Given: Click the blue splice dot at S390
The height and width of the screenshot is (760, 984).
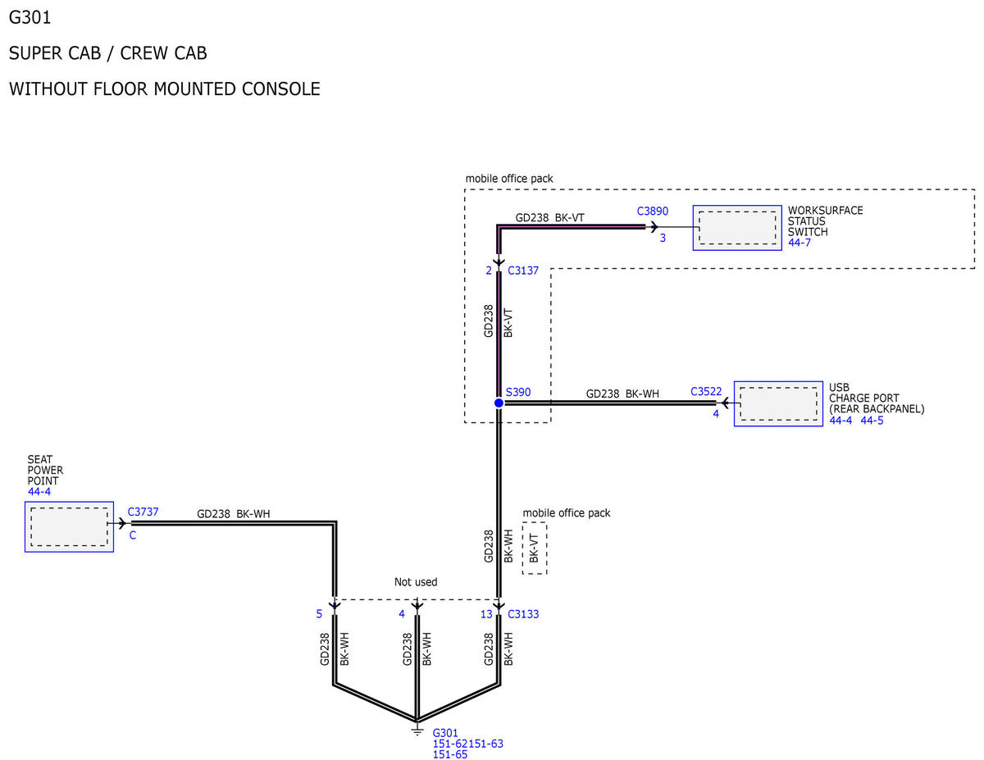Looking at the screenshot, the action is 499,403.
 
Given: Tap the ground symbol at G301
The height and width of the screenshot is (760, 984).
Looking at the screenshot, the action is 417,731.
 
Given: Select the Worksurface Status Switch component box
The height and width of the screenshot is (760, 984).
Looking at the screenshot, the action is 736,228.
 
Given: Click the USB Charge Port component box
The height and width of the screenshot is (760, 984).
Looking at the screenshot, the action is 778,403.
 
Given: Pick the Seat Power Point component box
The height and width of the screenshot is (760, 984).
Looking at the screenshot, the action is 69,526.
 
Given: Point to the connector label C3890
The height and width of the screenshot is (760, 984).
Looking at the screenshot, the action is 652,211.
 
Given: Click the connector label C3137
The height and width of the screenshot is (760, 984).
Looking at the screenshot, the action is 523,271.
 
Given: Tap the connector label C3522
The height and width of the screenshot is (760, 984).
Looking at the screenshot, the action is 706,392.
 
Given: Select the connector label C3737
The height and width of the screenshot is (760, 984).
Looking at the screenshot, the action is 143,512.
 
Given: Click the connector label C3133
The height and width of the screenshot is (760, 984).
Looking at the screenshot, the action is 523,614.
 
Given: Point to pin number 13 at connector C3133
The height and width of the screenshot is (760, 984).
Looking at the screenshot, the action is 486,614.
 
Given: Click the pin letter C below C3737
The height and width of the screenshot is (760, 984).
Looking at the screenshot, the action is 133,535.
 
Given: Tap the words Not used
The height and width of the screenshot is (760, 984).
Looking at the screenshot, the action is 416,582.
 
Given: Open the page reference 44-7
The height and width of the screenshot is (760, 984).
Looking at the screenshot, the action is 799,243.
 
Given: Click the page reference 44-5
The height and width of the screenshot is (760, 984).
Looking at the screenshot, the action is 872,421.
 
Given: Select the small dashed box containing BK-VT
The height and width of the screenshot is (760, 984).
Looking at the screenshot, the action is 535,548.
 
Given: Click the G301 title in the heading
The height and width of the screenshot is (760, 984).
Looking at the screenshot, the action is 30,18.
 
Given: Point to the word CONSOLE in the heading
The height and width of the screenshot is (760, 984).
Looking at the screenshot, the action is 280,89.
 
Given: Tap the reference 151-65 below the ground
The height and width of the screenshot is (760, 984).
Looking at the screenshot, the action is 450,754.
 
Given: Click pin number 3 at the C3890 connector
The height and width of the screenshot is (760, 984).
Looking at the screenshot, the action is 663,238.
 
